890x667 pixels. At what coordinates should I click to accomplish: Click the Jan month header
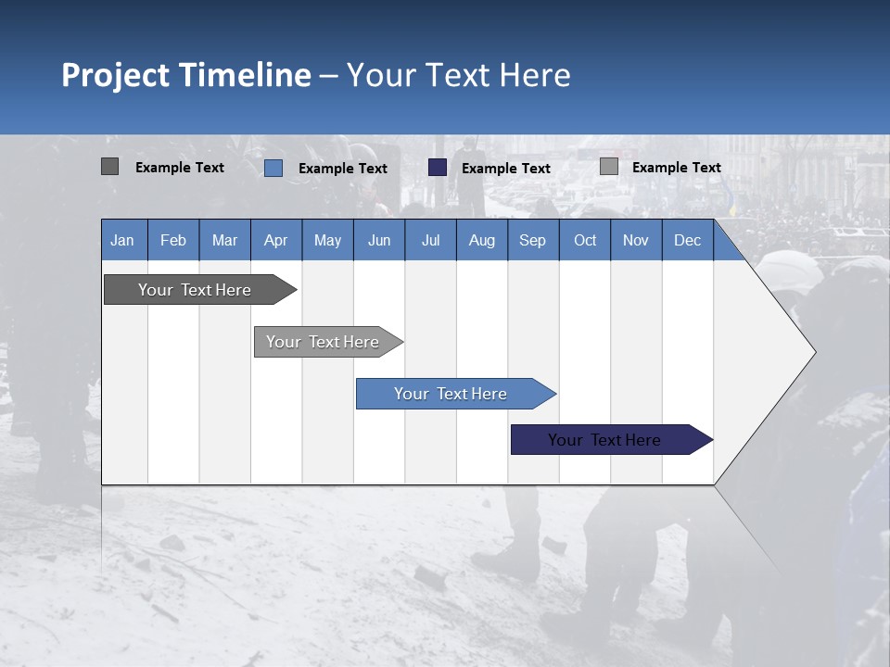tap(122, 240)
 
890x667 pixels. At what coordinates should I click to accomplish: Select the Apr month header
tap(275, 240)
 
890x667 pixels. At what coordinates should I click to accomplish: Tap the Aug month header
tap(481, 240)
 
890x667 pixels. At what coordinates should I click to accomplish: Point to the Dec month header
tap(687, 240)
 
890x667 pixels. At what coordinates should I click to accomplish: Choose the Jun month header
tap(378, 240)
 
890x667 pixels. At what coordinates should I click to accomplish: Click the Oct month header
tap(584, 240)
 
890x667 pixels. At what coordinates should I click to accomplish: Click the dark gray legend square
tap(109, 167)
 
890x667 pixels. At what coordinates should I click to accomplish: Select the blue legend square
tap(273, 168)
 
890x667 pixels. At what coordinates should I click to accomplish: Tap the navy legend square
tap(438, 167)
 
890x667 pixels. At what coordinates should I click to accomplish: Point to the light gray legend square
tap(608, 167)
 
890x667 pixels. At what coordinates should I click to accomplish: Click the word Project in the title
tap(115, 75)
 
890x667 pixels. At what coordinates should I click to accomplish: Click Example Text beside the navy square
tap(505, 168)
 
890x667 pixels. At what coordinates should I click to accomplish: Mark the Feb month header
tap(172, 240)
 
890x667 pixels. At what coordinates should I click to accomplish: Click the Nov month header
tap(635, 240)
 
